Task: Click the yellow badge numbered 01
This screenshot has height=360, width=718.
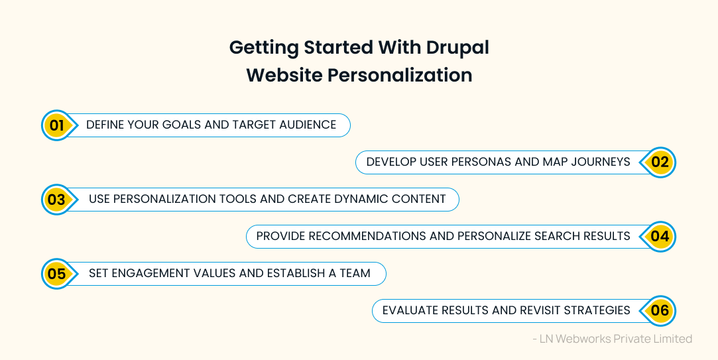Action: tap(57, 125)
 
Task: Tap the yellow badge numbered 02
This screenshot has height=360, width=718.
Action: tap(660, 162)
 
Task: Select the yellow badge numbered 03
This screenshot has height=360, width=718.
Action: tap(57, 199)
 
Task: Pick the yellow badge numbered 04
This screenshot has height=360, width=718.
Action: tap(660, 236)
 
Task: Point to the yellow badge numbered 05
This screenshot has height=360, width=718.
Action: tap(57, 273)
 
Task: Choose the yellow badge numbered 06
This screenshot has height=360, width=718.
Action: tap(660, 310)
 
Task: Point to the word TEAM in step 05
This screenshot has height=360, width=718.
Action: tap(353, 273)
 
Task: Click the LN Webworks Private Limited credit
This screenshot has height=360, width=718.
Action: tap(612, 339)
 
